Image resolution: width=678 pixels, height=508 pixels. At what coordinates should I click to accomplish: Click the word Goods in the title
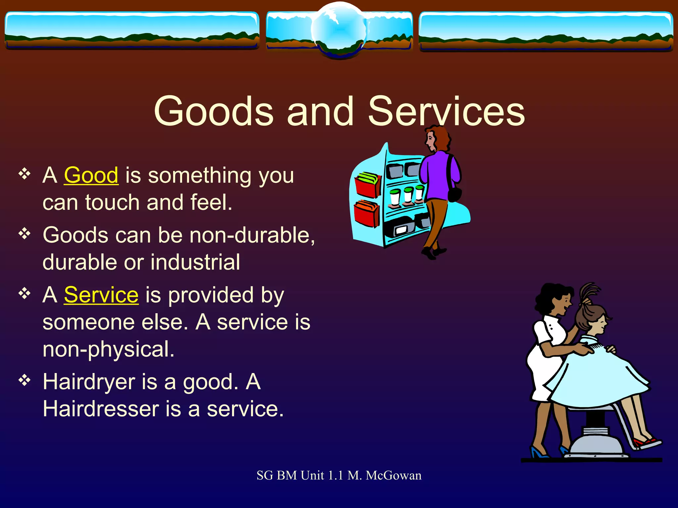click(214, 111)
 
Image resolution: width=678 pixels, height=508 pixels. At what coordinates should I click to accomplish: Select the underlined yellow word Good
click(91, 175)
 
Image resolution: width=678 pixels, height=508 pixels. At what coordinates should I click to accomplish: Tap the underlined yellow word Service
click(101, 295)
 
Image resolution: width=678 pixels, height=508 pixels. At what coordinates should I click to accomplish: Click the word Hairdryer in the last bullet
click(89, 382)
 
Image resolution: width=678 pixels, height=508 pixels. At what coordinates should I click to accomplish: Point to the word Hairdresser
click(101, 409)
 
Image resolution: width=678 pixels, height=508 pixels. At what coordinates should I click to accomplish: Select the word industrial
click(195, 262)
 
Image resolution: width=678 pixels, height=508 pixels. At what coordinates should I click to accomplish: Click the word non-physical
click(108, 350)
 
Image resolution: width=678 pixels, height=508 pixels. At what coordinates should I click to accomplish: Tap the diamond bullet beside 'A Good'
click(24, 174)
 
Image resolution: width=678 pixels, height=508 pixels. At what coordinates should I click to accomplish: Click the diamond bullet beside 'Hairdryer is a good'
click(24, 380)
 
